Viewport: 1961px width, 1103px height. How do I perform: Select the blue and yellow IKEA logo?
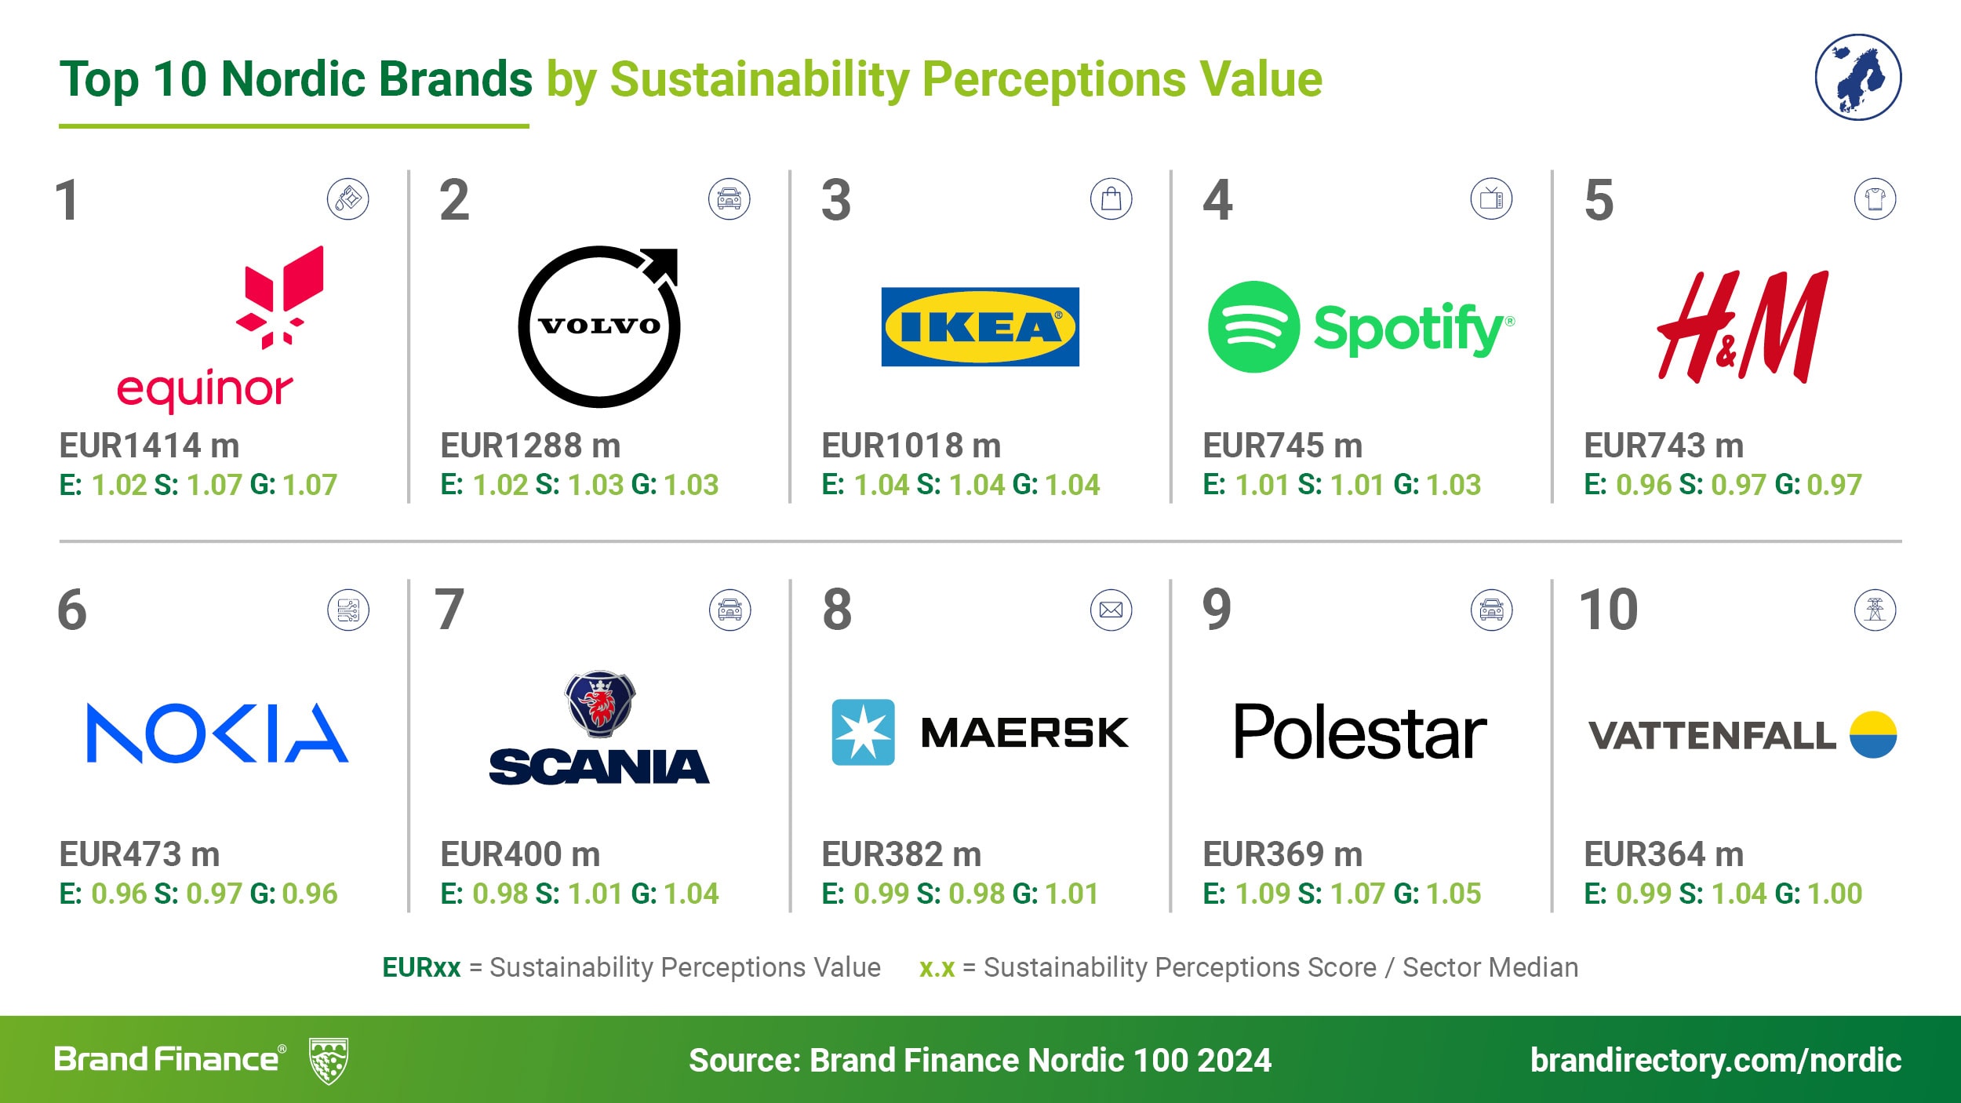pyautogui.click(x=980, y=326)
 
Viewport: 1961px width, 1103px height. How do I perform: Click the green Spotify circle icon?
pyautogui.click(x=1253, y=326)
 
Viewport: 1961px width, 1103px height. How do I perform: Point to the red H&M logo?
pyautogui.click(x=1743, y=327)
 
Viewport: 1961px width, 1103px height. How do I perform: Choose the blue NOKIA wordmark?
pyautogui.click(x=217, y=733)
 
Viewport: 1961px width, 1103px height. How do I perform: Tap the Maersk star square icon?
pyautogui.click(x=863, y=732)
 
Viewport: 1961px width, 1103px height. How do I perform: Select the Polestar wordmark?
pyautogui.click(x=1359, y=732)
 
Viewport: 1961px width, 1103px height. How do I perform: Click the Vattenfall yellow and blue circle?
pyautogui.click(x=1873, y=734)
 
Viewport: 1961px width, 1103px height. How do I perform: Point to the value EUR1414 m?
pyautogui.click(x=149, y=446)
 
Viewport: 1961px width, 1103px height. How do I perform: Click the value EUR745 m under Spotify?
pyautogui.click(x=1282, y=446)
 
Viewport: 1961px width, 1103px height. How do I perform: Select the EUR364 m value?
pyautogui.click(x=1664, y=854)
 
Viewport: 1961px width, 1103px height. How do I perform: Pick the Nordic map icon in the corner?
pyautogui.click(x=1858, y=77)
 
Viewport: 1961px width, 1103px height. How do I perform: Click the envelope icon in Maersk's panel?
pyautogui.click(x=1111, y=610)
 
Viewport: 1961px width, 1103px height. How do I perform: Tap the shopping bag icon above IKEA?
pyautogui.click(x=1111, y=198)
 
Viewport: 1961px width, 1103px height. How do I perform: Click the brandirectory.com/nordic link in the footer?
pyautogui.click(x=1715, y=1060)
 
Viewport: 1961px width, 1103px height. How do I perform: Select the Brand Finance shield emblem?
pyautogui.click(x=329, y=1061)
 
